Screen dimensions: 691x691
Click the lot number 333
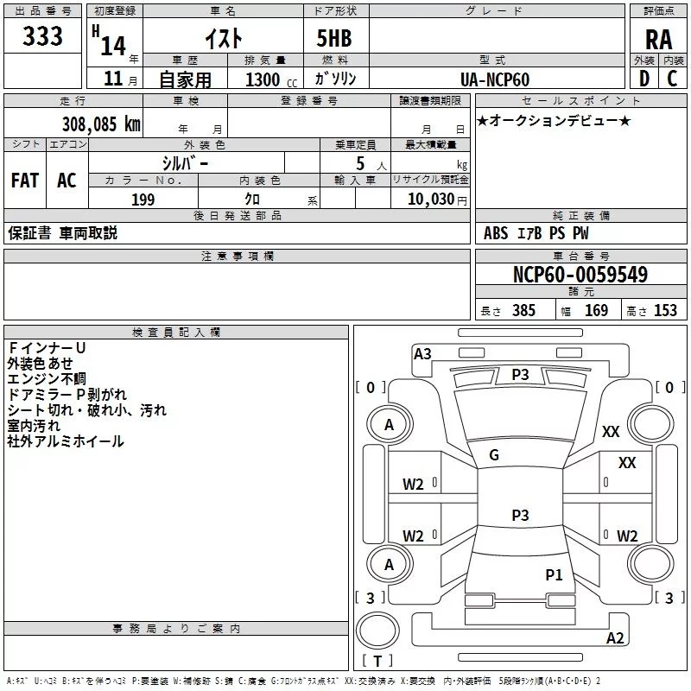click(x=42, y=36)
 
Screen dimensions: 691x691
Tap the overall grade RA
click(x=658, y=39)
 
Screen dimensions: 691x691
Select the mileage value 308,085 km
click(x=101, y=124)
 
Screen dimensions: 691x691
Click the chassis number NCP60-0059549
click(x=580, y=275)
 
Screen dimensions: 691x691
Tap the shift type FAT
click(x=25, y=180)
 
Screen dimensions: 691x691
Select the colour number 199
click(x=143, y=200)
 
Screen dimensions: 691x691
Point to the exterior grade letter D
click(x=643, y=79)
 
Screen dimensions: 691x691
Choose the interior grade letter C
click(x=672, y=79)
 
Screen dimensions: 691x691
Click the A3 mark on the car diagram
click(x=422, y=353)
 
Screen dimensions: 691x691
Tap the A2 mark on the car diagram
click(x=615, y=638)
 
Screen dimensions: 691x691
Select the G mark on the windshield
click(x=494, y=455)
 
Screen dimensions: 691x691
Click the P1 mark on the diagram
click(x=554, y=574)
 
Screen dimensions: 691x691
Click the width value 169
click(x=596, y=311)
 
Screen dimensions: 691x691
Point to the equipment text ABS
click(x=496, y=233)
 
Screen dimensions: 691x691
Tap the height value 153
click(x=665, y=311)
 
